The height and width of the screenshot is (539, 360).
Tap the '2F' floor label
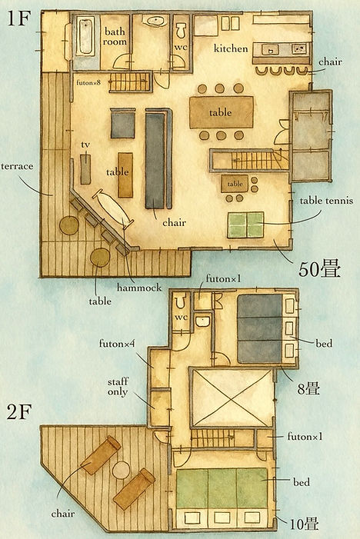pos(19,411)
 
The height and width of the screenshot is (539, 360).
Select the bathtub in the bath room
pos(85,37)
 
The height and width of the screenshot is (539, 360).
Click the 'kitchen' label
pos(231,48)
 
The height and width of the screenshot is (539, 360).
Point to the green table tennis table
pos(245,225)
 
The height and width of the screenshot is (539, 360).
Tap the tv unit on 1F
pos(85,169)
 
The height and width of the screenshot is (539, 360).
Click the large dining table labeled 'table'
pos(222,112)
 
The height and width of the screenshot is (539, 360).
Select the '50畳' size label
pos(319,269)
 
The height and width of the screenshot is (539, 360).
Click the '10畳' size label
pos(304,524)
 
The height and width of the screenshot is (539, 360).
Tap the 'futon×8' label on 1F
pos(88,82)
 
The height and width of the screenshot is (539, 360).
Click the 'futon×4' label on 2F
pos(117,343)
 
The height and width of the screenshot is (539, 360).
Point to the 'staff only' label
pos(118,387)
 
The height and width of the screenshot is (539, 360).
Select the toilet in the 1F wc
pos(181,30)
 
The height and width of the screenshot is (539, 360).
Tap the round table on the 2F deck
pos(121,470)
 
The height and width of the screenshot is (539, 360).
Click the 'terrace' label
pos(17,166)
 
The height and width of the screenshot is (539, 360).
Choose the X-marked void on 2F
pos(232,398)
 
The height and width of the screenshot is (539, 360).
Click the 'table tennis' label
pos(326,201)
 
